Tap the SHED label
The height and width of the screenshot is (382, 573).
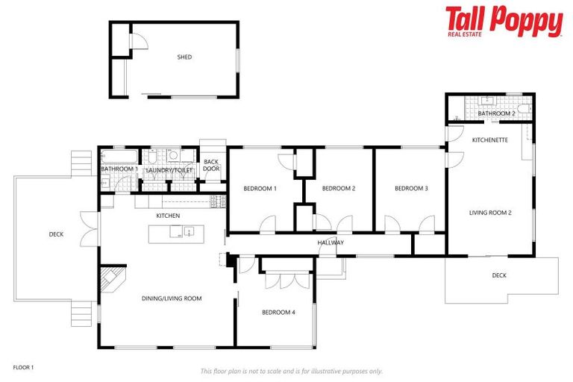pos(184,57)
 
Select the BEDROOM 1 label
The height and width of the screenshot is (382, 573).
pos(260,189)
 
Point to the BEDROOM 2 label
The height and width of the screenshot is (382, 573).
pos(338,189)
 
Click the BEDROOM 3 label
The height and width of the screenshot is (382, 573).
pos(411,189)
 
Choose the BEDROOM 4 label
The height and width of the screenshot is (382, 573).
pos(278,313)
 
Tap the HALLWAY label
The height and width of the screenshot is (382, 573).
pos(331,242)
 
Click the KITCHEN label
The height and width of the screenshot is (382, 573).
pos(168,216)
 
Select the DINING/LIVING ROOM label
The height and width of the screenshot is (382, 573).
pos(172,298)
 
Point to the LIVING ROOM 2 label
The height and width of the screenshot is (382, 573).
pos(490,213)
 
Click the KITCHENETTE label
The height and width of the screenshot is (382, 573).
pos(490,140)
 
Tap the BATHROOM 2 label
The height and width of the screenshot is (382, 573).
pos(496,113)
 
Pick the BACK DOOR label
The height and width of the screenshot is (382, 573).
pos(211,165)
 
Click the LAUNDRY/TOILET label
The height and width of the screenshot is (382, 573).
pos(169,170)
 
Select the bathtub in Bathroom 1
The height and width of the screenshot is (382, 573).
pos(119,157)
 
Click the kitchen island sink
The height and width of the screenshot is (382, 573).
pos(190,231)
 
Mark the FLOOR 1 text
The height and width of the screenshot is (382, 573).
pos(24,367)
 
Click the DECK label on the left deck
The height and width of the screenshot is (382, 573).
pos(56,234)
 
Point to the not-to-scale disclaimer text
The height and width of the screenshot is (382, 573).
pos(291,371)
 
